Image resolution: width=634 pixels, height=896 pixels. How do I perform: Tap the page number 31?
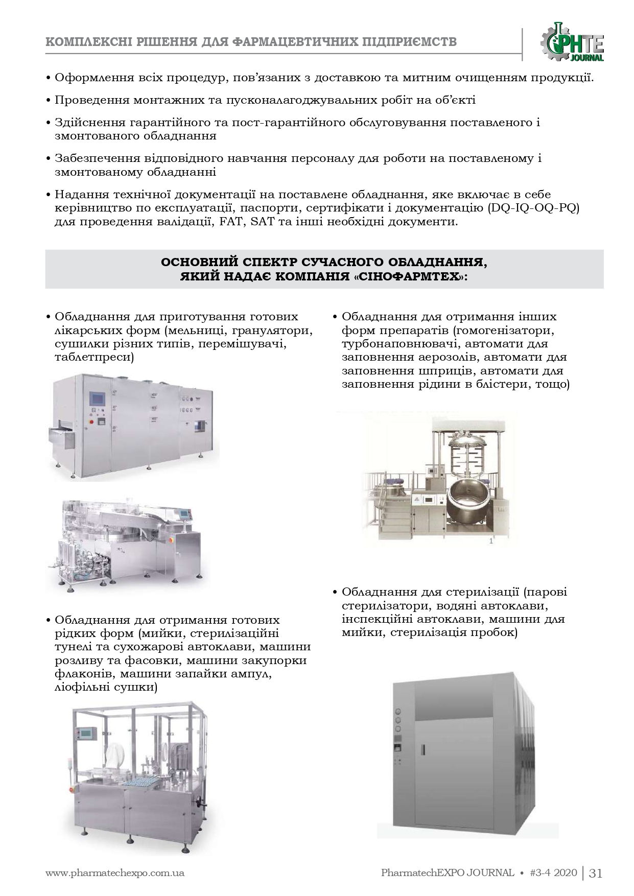point(596,873)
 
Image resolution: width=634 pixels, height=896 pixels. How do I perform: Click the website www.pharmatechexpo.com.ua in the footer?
point(115,873)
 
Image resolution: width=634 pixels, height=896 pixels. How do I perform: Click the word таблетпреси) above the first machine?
point(94,357)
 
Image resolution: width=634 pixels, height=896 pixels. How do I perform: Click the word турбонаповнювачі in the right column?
point(392,343)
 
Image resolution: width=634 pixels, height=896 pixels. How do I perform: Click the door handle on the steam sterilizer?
point(422,749)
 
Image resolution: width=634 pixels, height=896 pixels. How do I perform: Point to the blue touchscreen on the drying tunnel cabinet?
point(97,398)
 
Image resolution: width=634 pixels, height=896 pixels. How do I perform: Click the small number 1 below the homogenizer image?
point(491,540)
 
